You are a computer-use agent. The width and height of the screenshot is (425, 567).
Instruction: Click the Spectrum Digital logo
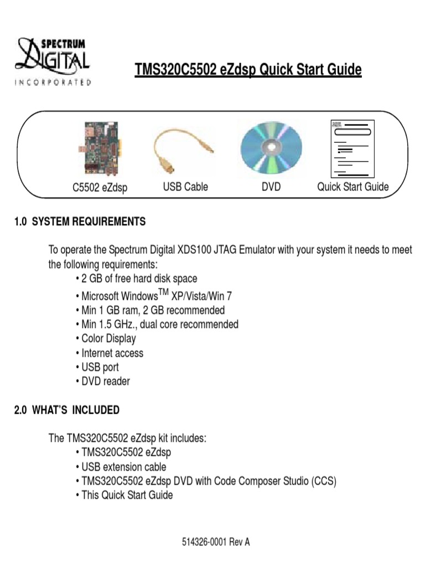click(53, 61)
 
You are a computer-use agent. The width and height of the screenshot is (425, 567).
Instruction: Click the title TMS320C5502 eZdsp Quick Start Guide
click(248, 70)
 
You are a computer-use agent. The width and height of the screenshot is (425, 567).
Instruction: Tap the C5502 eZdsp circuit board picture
click(100, 147)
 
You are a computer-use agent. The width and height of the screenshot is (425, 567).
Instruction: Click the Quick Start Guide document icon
click(352, 148)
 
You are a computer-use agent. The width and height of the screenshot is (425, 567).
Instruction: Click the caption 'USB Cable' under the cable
click(185, 187)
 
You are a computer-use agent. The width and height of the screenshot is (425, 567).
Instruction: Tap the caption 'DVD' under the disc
click(271, 187)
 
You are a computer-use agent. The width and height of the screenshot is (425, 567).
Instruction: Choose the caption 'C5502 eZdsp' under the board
click(100, 188)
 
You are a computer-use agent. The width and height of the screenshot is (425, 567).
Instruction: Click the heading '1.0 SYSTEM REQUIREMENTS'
click(80, 221)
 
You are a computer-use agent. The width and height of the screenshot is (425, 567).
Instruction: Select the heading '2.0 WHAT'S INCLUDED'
click(67, 410)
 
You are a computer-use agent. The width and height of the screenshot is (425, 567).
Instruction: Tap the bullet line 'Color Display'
click(108, 338)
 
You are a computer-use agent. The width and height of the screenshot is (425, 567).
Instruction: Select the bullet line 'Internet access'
click(112, 353)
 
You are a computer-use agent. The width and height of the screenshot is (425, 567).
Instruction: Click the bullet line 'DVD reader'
click(105, 382)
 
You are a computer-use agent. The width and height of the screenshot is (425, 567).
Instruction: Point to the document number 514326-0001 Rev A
click(216, 542)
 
